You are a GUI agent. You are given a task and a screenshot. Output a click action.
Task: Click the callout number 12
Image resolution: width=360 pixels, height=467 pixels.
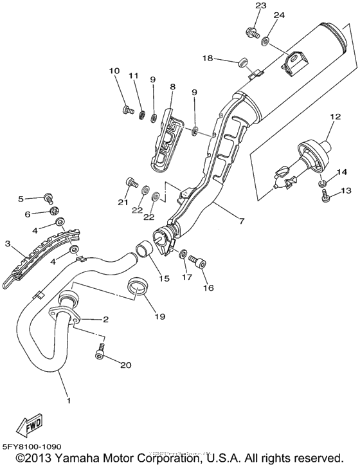(333, 117)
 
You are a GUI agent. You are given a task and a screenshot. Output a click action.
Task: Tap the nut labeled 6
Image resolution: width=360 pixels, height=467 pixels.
(55, 212)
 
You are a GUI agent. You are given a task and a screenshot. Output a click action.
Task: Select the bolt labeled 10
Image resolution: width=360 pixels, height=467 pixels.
(125, 109)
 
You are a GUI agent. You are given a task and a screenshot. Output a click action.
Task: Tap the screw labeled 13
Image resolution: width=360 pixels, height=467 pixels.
(324, 196)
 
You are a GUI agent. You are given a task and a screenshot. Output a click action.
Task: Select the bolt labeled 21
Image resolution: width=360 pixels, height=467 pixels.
(133, 183)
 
